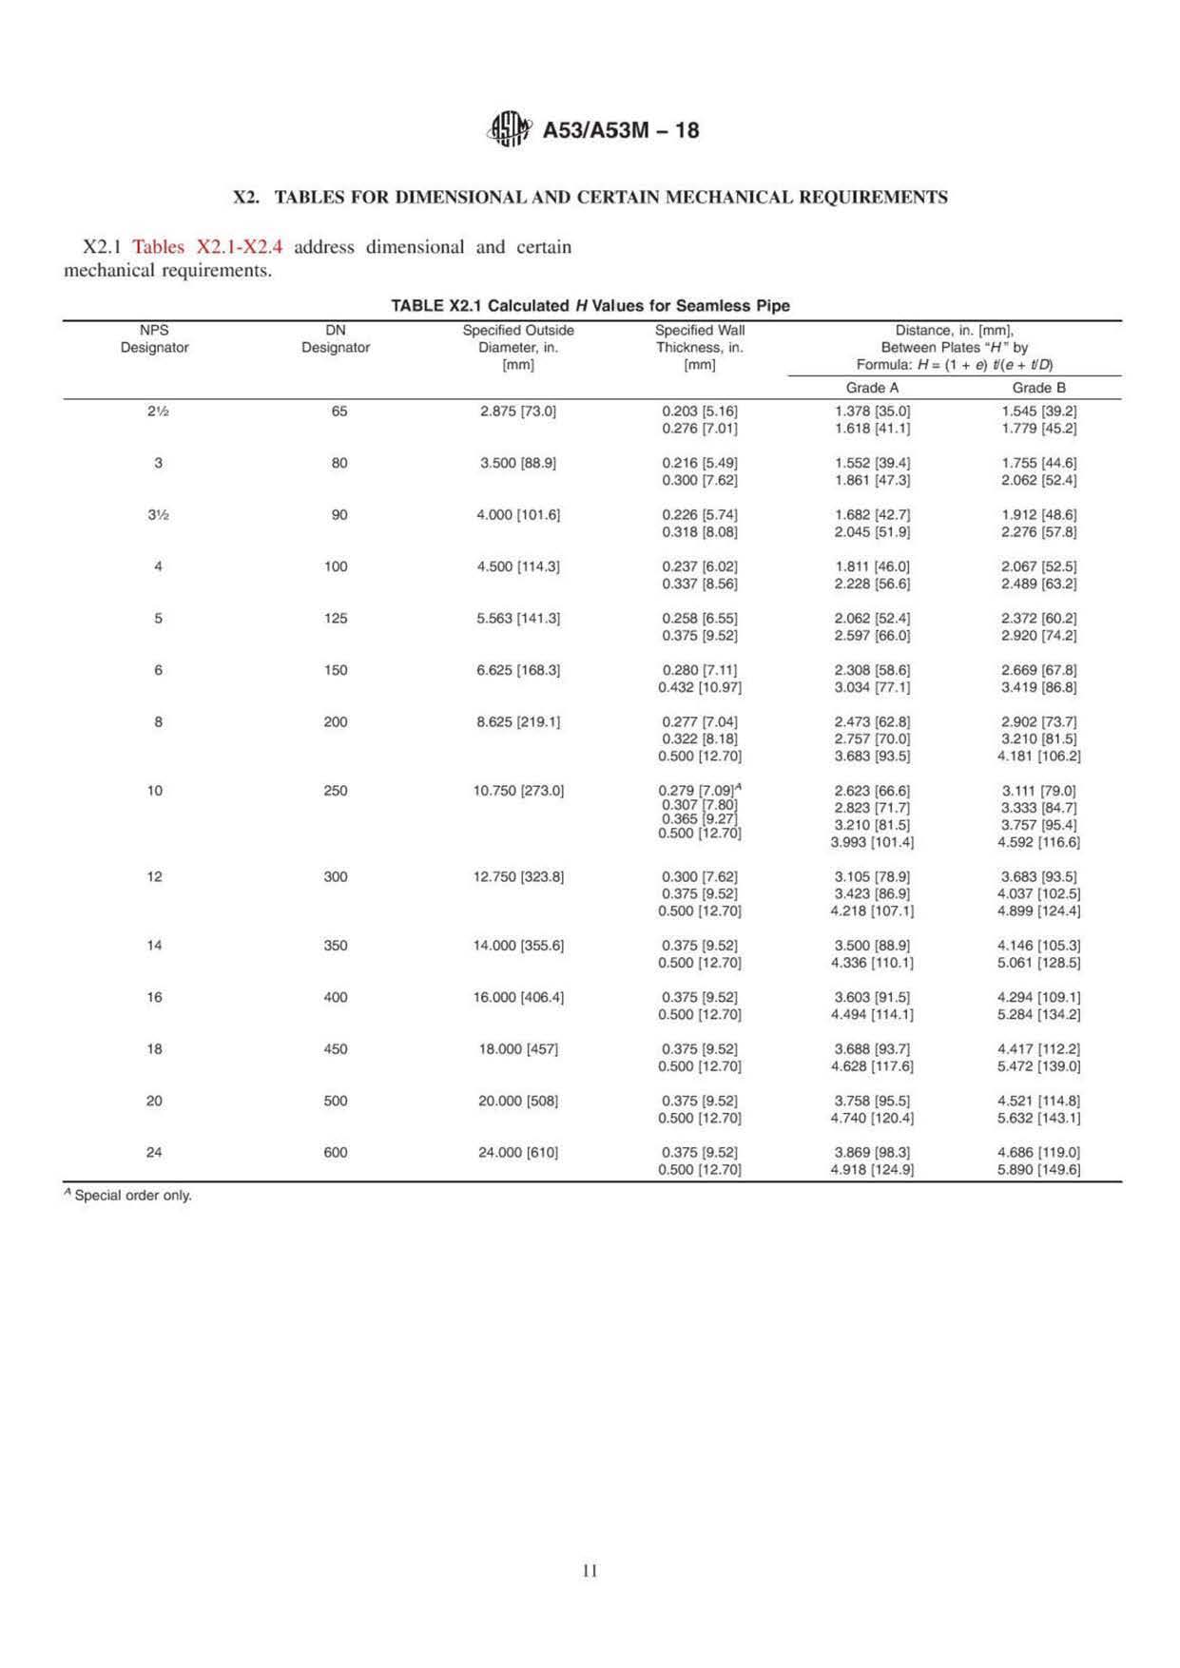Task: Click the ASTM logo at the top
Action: [x=509, y=129]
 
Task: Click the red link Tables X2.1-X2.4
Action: [x=207, y=247]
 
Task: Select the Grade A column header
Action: [x=872, y=388]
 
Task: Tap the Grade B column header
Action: [x=1038, y=388]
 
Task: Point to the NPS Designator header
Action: [x=154, y=339]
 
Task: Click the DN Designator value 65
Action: [x=339, y=412]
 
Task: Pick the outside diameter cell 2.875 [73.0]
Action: [x=518, y=412]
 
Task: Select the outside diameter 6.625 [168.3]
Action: [x=518, y=670]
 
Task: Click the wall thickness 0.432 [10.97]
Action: [x=700, y=687]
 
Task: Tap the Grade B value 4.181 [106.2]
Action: [x=1038, y=757]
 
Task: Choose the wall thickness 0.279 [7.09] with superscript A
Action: [x=700, y=790]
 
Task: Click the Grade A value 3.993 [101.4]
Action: [x=872, y=842]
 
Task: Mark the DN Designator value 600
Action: [x=336, y=1152]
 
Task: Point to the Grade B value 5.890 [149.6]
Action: [x=1038, y=1169]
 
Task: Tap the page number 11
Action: [x=590, y=1570]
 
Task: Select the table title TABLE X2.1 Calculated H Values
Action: [x=590, y=306]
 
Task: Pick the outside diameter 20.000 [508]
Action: [x=518, y=1101]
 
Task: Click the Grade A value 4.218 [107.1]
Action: [x=872, y=911]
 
